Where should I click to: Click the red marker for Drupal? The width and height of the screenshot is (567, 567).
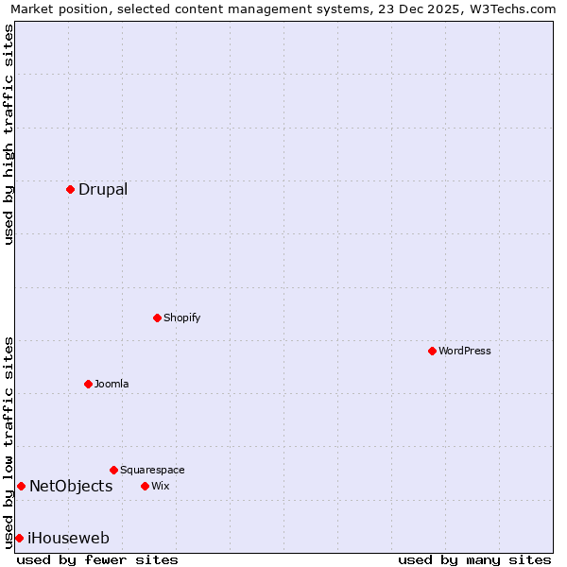pos(70,189)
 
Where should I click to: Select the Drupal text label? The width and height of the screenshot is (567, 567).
pos(103,189)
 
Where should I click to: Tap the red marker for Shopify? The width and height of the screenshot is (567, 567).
pos(157,318)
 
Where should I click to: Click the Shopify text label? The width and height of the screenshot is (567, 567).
pos(181,318)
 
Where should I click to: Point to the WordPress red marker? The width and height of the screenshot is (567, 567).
pos(432,351)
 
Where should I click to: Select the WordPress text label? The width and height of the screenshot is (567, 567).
pos(464,351)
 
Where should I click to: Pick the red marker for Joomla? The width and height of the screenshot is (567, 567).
pos(88,384)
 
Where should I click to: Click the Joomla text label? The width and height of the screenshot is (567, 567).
pos(112,384)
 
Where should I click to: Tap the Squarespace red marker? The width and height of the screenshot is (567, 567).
pos(113,470)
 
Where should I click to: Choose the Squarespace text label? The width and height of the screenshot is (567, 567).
pos(152,470)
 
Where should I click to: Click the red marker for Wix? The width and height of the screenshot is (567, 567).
pos(145,486)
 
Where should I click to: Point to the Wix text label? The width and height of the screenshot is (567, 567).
pos(160,486)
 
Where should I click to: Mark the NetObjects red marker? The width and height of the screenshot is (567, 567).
pos(21,486)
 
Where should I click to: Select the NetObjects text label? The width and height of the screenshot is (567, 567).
pos(71,487)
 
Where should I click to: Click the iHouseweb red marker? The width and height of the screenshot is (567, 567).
pos(19,538)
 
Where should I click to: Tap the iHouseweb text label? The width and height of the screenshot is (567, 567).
pos(68,539)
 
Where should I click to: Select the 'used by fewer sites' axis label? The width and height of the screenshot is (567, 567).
pos(97,559)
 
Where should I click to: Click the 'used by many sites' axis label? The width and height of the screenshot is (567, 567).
pos(474,559)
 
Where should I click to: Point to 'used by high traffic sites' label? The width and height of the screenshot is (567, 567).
pos(9,134)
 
